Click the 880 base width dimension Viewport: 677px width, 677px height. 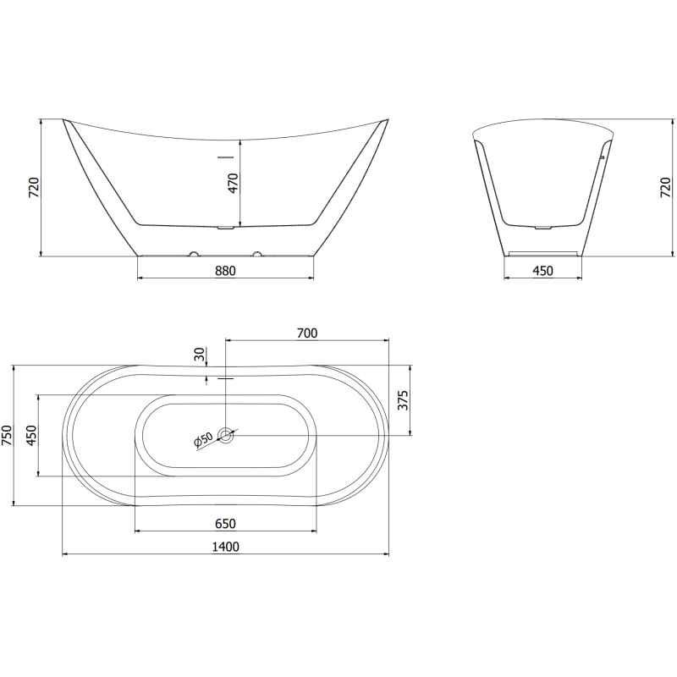[224, 271]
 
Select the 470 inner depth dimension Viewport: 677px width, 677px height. [234, 183]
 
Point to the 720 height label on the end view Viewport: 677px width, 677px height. [665, 188]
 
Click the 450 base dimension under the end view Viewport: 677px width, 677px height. [542, 271]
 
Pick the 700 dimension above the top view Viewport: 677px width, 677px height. [307, 333]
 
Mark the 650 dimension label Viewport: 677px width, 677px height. [225, 524]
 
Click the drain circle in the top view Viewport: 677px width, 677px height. [226, 436]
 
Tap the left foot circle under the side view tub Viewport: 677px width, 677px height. [194, 254]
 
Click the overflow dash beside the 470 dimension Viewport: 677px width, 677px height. [225, 157]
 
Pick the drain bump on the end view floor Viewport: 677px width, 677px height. [543, 227]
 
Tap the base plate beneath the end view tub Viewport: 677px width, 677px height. [542, 252]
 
